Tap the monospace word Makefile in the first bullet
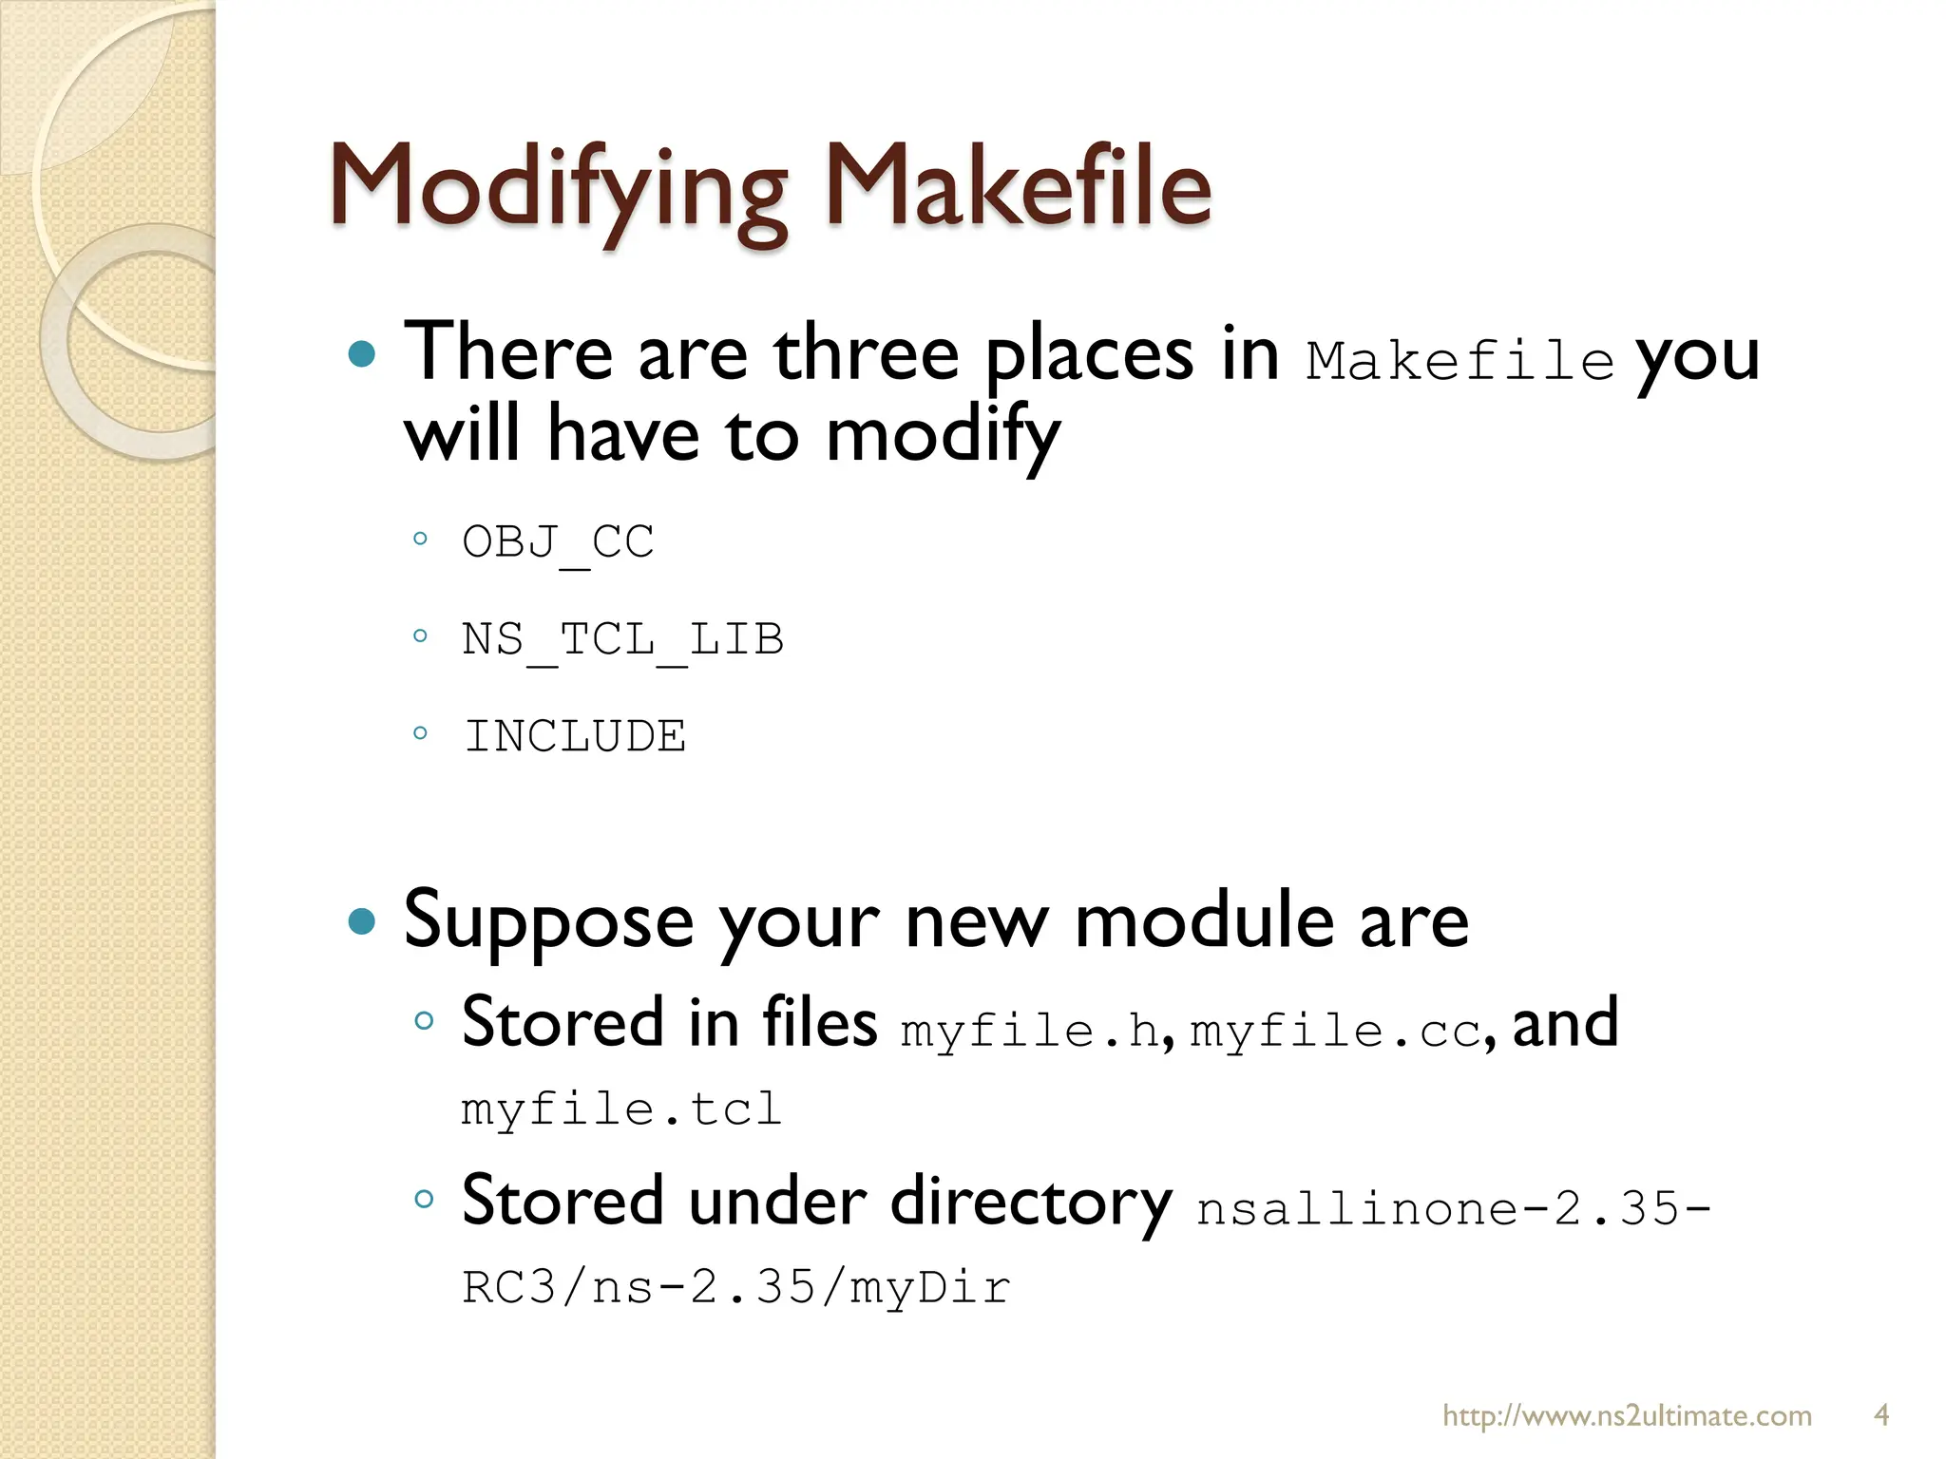point(1459,362)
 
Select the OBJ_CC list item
point(558,543)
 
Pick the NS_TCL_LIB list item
point(622,640)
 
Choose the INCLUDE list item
point(574,737)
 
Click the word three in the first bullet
point(866,354)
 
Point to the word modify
point(942,436)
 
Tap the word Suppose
point(548,922)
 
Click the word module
point(1204,922)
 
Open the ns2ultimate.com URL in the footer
point(1627,1415)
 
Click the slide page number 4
point(1880,1415)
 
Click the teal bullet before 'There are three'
point(362,355)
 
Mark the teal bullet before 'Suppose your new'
point(362,921)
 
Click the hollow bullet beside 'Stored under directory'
point(424,1199)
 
